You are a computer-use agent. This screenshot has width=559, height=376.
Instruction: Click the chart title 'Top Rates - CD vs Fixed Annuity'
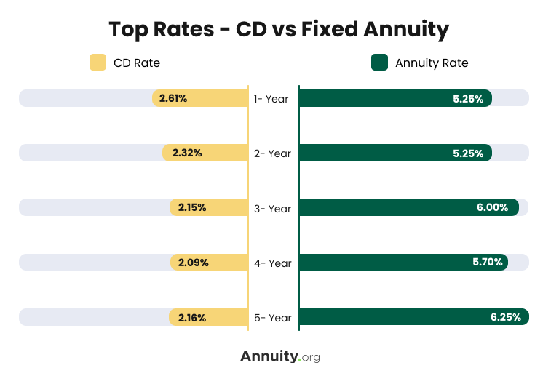coord(279,29)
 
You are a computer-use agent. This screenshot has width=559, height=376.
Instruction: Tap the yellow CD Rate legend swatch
coord(98,63)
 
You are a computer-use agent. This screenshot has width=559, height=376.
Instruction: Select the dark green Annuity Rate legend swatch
coord(379,63)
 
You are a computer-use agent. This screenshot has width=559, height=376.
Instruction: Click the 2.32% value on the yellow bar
coord(187,153)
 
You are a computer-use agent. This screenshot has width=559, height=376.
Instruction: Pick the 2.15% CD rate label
coord(192,207)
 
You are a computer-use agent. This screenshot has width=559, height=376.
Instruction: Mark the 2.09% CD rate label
coord(193,263)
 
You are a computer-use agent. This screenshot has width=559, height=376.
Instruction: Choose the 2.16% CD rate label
coord(192,318)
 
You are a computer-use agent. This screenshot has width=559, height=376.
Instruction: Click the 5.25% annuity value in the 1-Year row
coord(468,99)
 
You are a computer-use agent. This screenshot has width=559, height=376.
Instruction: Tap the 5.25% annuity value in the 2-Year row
coord(468,153)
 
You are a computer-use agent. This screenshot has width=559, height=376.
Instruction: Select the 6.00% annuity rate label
coord(493,208)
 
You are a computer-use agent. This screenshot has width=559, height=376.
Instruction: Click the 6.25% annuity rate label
coord(505,318)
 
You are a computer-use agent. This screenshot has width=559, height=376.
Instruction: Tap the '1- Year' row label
coord(271,99)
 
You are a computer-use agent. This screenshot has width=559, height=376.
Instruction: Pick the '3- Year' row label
coord(273,209)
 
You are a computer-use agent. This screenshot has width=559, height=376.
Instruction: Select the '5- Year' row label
coord(273,318)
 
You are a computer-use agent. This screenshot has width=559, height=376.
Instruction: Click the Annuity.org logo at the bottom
coord(279,356)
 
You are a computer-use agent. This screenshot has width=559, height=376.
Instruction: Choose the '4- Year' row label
coord(273,263)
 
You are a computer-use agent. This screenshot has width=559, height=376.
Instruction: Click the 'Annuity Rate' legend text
coord(432,63)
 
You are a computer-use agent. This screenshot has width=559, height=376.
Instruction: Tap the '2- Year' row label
coord(273,153)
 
